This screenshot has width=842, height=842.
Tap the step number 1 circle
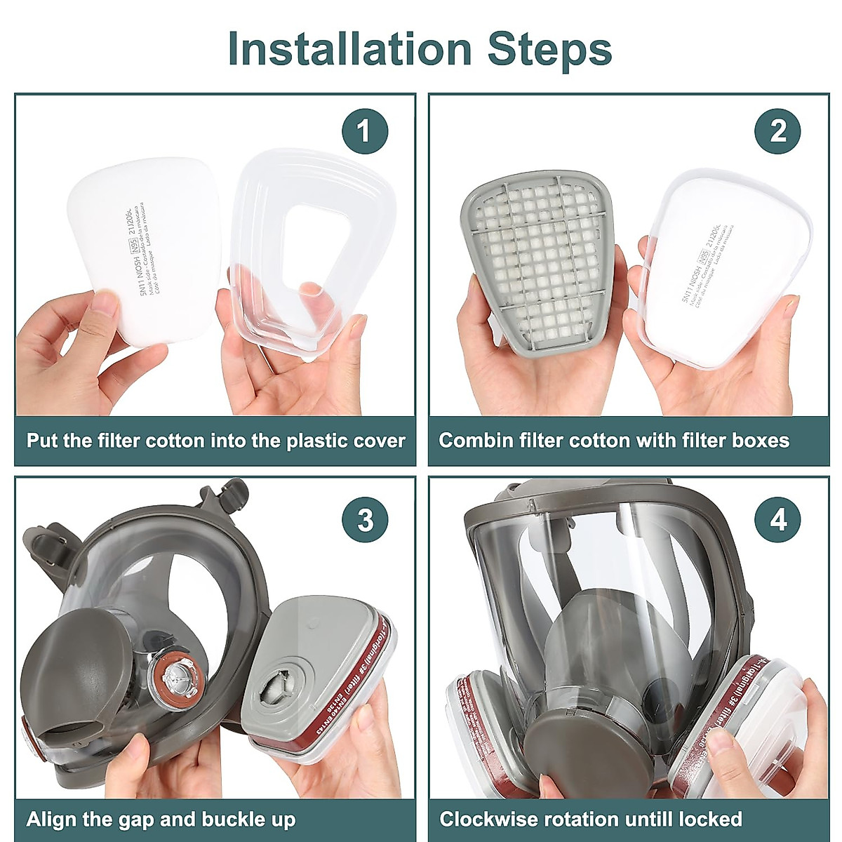[x=364, y=131]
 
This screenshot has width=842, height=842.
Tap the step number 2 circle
[x=777, y=131]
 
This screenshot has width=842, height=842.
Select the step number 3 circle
[x=365, y=521]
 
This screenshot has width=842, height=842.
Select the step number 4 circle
[x=777, y=521]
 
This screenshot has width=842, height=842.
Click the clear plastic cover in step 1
[x=312, y=246]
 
